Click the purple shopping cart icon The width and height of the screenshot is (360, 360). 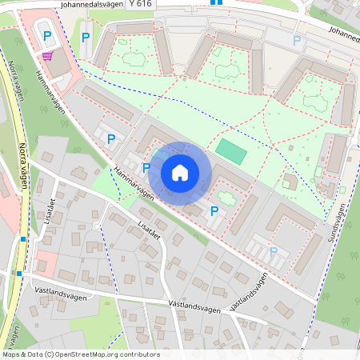49,56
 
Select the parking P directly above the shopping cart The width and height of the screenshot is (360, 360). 47,36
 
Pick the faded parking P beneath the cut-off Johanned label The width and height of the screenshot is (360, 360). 298,41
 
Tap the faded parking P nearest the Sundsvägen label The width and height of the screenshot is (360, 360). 274,251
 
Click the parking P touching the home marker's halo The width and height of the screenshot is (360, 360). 146,168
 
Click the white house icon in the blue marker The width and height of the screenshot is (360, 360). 180,173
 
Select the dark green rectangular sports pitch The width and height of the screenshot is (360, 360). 231,150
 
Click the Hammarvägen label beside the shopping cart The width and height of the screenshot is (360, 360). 50,91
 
